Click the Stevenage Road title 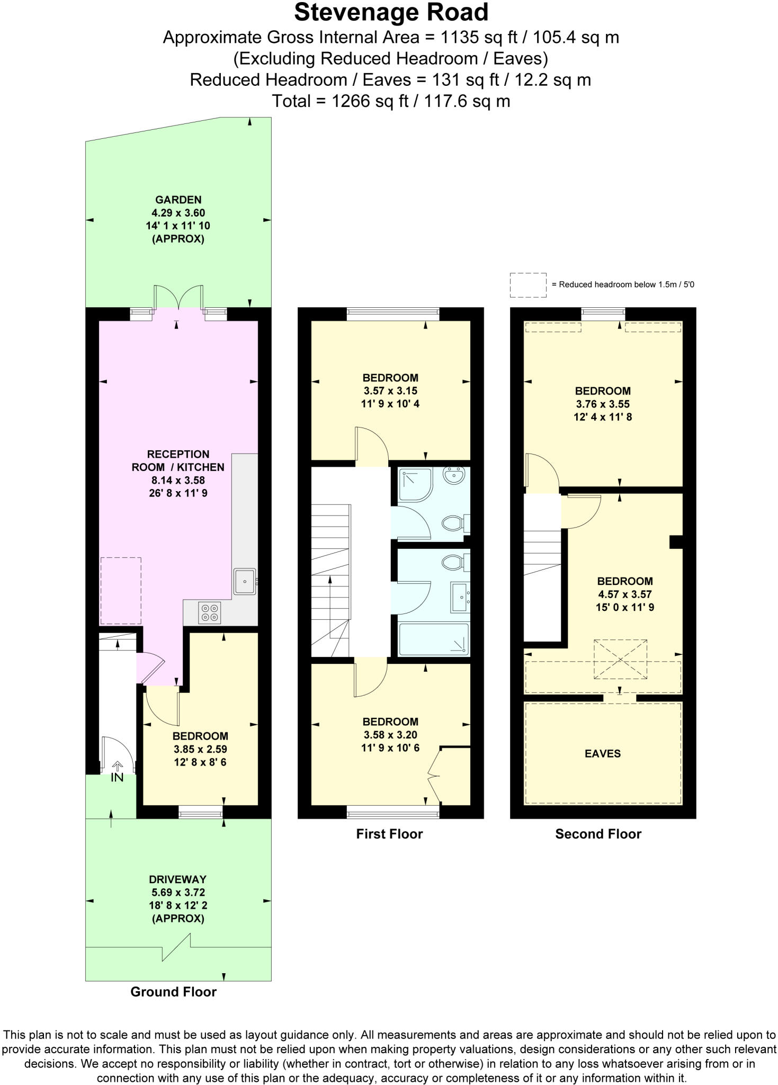tap(391, 13)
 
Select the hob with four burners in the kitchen tap(209, 613)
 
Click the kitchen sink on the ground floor tap(245, 581)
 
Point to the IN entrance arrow tap(117, 767)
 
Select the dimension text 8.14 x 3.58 tap(178, 481)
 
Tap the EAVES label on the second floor tap(603, 753)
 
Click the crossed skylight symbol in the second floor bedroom tap(620, 659)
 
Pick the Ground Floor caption tap(174, 992)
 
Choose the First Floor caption tap(389, 834)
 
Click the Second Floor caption tap(598, 834)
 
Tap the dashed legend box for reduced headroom tap(528, 285)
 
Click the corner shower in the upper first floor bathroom tap(415, 484)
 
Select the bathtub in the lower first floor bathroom tap(434, 639)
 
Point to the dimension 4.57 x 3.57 tap(624, 594)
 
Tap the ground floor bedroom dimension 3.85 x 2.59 tap(200, 749)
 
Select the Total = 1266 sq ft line tap(391, 101)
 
